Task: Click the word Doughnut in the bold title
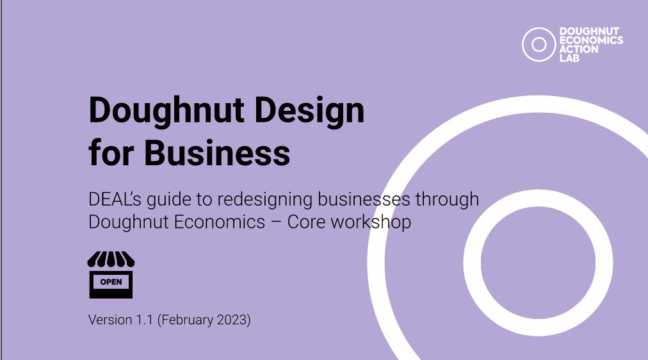(x=166, y=111)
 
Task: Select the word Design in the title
(x=309, y=111)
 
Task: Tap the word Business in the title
(x=217, y=152)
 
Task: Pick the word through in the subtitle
(x=447, y=200)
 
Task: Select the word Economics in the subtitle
(x=220, y=222)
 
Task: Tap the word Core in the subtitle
(x=305, y=222)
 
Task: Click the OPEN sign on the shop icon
(x=111, y=282)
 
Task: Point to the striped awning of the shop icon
(x=111, y=259)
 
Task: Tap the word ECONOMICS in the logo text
(x=591, y=40)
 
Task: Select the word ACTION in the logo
(x=579, y=49)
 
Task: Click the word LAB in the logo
(x=569, y=58)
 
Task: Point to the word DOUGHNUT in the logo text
(x=589, y=31)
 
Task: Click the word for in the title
(x=111, y=152)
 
